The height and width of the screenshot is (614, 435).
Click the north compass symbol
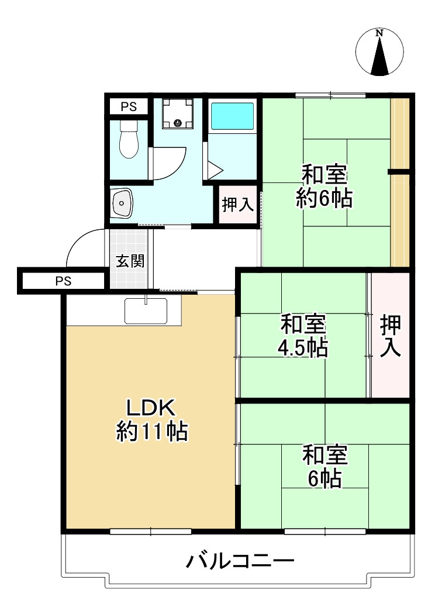(380, 53)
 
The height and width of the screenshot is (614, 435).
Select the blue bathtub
(232, 116)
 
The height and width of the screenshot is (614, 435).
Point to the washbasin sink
(122, 203)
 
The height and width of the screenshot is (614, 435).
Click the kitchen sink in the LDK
(146, 311)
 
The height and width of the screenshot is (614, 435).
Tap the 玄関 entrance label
(130, 261)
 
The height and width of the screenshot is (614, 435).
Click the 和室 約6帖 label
(324, 187)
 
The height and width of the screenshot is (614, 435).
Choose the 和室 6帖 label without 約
(325, 467)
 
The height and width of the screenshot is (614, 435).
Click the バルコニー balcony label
(240, 562)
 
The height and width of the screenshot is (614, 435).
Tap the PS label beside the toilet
(129, 106)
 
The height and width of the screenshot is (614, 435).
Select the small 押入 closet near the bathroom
(237, 204)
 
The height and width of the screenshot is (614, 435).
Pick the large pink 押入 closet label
(391, 336)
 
